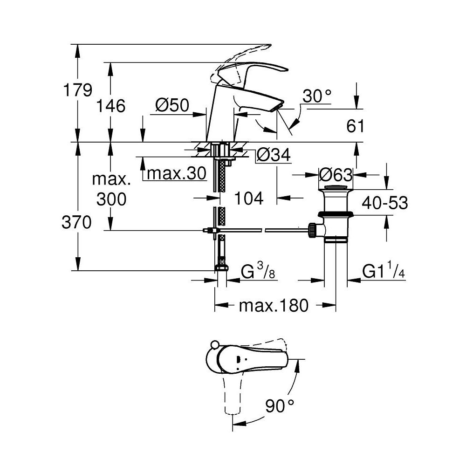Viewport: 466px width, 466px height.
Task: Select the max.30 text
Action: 176,174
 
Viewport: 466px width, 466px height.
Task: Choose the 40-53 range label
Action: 385,203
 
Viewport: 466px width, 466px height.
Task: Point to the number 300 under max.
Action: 111,199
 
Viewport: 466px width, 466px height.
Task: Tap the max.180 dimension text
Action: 274,306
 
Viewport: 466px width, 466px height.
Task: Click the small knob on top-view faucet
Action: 215,345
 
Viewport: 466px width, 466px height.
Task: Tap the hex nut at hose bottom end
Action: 221,269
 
